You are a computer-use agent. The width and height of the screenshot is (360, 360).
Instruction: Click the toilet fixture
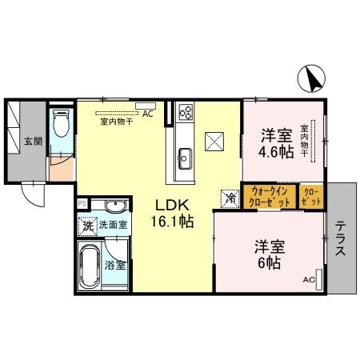click(62, 123)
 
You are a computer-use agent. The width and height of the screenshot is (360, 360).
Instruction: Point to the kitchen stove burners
click(186, 112)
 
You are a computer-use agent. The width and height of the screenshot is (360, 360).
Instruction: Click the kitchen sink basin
click(184, 154)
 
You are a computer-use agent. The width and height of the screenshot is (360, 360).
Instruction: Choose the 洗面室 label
click(113, 226)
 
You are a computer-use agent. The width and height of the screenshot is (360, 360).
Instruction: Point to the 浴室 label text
click(114, 264)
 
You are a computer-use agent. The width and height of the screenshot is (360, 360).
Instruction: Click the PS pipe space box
click(82, 203)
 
